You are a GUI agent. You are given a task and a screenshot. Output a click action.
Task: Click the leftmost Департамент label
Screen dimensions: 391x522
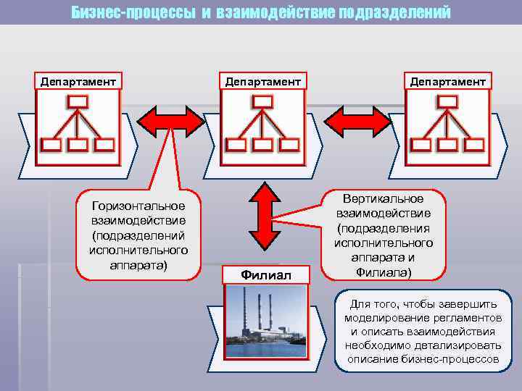click(x=77, y=81)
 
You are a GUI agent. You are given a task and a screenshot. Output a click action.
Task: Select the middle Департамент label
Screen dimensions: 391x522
click(x=262, y=81)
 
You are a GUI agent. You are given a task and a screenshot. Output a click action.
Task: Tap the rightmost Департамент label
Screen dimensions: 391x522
click(x=448, y=81)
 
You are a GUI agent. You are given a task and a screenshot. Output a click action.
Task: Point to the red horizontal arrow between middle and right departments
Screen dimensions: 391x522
click(x=355, y=119)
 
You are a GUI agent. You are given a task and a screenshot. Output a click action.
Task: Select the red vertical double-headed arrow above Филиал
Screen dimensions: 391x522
click(x=263, y=216)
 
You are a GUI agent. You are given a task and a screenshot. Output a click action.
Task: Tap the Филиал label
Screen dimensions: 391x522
click(x=266, y=275)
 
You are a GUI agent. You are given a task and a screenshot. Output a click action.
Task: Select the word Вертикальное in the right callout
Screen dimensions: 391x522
click(x=384, y=199)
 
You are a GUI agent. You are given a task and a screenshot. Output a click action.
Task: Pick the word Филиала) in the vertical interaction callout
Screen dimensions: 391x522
click(x=384, y=272)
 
